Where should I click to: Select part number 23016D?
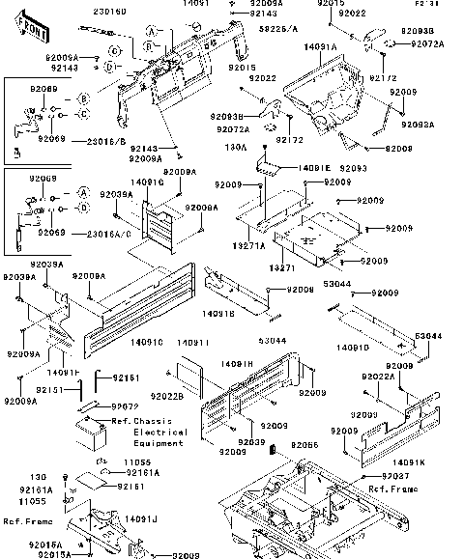110,13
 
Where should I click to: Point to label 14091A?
320,46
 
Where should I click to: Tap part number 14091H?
237,364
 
